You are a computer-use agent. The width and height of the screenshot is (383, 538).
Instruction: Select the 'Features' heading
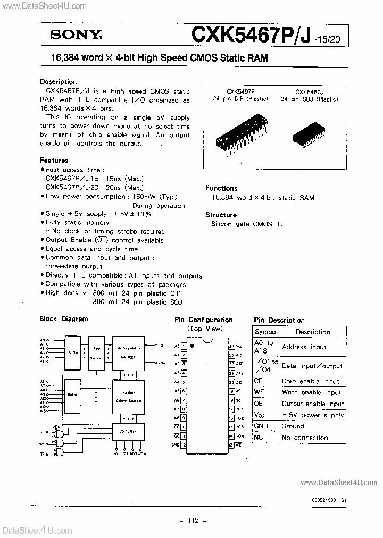click(54, 160)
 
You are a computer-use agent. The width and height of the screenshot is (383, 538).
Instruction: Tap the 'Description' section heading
click(59, 82)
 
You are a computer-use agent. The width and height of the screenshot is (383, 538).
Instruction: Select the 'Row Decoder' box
click(96, 351)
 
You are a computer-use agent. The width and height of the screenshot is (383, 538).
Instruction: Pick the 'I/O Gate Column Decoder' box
click(128, 396)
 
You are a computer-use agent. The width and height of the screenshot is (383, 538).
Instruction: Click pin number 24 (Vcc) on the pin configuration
click(231, 346)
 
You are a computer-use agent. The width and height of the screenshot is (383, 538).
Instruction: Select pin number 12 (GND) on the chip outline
click(183, 444)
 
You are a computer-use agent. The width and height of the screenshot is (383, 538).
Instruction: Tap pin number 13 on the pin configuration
click(231, 444)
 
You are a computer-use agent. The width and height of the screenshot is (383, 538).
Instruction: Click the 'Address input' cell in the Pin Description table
click(304, 347)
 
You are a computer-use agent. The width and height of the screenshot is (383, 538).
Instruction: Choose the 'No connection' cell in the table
click(304, 438)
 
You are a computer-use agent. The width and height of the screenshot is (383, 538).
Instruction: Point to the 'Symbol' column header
click(266, 332)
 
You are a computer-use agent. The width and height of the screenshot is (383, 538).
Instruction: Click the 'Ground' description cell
click(293, 426)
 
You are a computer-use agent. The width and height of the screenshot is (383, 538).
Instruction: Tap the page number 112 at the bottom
click(191, 520)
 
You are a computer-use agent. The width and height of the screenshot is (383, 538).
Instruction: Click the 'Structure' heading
click(221, 215)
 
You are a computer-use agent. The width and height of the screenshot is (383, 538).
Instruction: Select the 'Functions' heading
click(221, 188)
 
